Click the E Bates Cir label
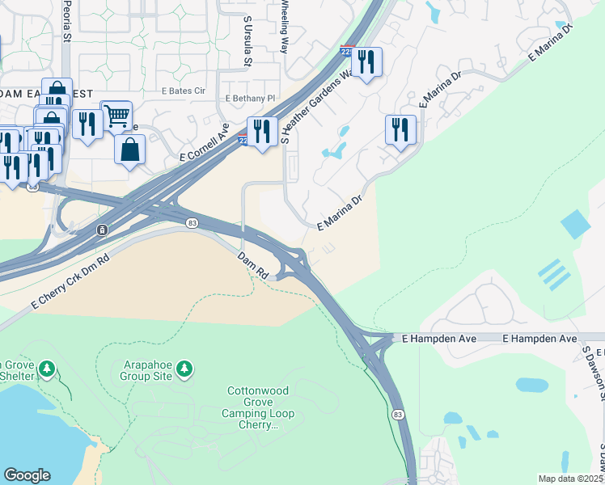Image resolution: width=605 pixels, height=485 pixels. pyautogui.click(x=183, y=91)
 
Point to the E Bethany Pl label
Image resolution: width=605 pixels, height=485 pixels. pyautogui.click(x=251, y=99)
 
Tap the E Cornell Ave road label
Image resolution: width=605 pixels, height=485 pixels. pyautogui.click(x=205, y=142)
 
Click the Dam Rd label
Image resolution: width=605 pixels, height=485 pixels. pyautogui.click(x=252, y=265)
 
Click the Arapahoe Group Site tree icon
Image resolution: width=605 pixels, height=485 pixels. pyautogui.click(x=186, y=369)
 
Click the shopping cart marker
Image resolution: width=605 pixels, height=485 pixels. pyautogui.click(x=116, y=115)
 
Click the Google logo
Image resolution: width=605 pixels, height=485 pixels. pyautogui.click(x=27, y=475)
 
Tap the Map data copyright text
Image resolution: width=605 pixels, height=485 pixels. pyautogui.click(x=571, y=479)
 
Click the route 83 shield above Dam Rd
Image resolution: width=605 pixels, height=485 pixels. pyautogui.click(x=192, y=224)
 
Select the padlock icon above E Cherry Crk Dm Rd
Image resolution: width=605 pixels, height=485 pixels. pyautogui.click(x=103, y=230)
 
